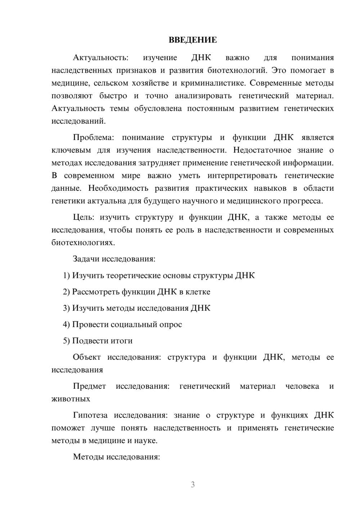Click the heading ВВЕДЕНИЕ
[193, 40]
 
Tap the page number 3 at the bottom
[193, 485]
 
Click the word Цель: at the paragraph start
[84, 217]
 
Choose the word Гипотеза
[90, 415]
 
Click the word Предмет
[89, 386]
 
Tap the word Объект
[87, 357]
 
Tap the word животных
[71, 399]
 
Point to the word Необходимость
[118, 188]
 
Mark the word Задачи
[86, 259]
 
